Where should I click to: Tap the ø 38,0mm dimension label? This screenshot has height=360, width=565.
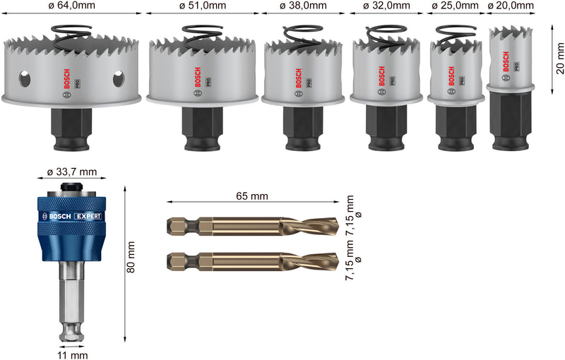(303, 6)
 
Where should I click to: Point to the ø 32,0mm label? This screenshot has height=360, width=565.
(386, 6)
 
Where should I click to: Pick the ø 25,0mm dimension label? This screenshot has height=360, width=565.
(455, 6)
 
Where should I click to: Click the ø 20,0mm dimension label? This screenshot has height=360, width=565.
(511, 6)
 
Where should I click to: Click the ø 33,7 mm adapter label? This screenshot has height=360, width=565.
(71, 172)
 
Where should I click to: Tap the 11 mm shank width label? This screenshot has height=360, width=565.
(71, 355)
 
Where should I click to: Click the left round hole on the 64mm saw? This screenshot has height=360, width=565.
(25, 78)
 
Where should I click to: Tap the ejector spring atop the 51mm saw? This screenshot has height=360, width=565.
(203, 35)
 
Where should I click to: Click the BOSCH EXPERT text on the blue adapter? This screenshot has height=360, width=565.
(71, 216)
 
